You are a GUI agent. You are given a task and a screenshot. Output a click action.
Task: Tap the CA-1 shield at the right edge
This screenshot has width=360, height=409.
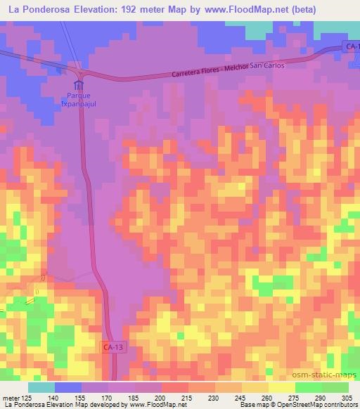click(352, 46)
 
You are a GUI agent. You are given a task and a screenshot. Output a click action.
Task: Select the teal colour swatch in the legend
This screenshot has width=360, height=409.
click(41, 387)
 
